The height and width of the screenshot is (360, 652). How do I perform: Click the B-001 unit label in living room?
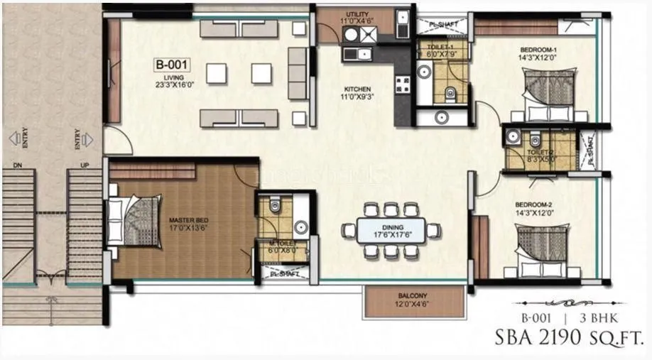coord(170,65)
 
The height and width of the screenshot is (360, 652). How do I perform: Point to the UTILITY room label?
coord(357,18)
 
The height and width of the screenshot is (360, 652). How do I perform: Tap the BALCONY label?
coord(415,300)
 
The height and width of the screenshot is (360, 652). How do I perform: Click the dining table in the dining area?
coord(391,230)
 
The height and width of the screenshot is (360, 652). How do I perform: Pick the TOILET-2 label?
coord(541,152)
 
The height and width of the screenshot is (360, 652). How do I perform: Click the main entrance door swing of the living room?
coord(119,142)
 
